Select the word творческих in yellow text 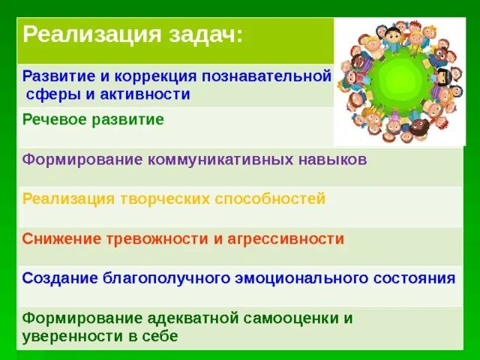[162, 199]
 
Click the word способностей [271, 199]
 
